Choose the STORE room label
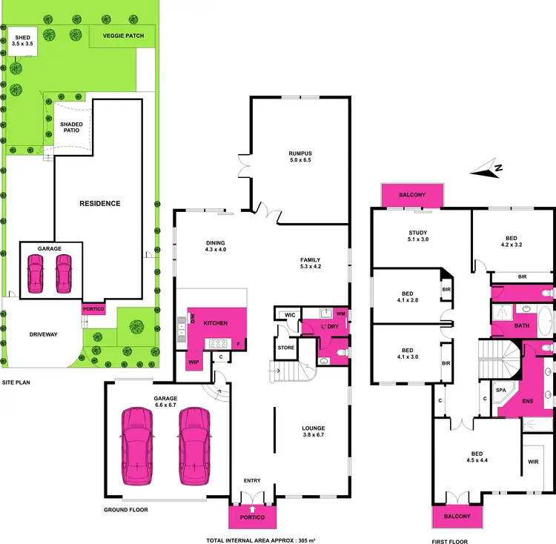pos(286,346)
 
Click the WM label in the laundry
pos(342,315)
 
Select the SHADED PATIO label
pos(71,127)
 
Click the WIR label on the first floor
pos(533,461)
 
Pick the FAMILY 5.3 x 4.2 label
pos(310,264)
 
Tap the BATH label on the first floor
pos(522,325)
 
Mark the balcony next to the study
pos(412,196)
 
